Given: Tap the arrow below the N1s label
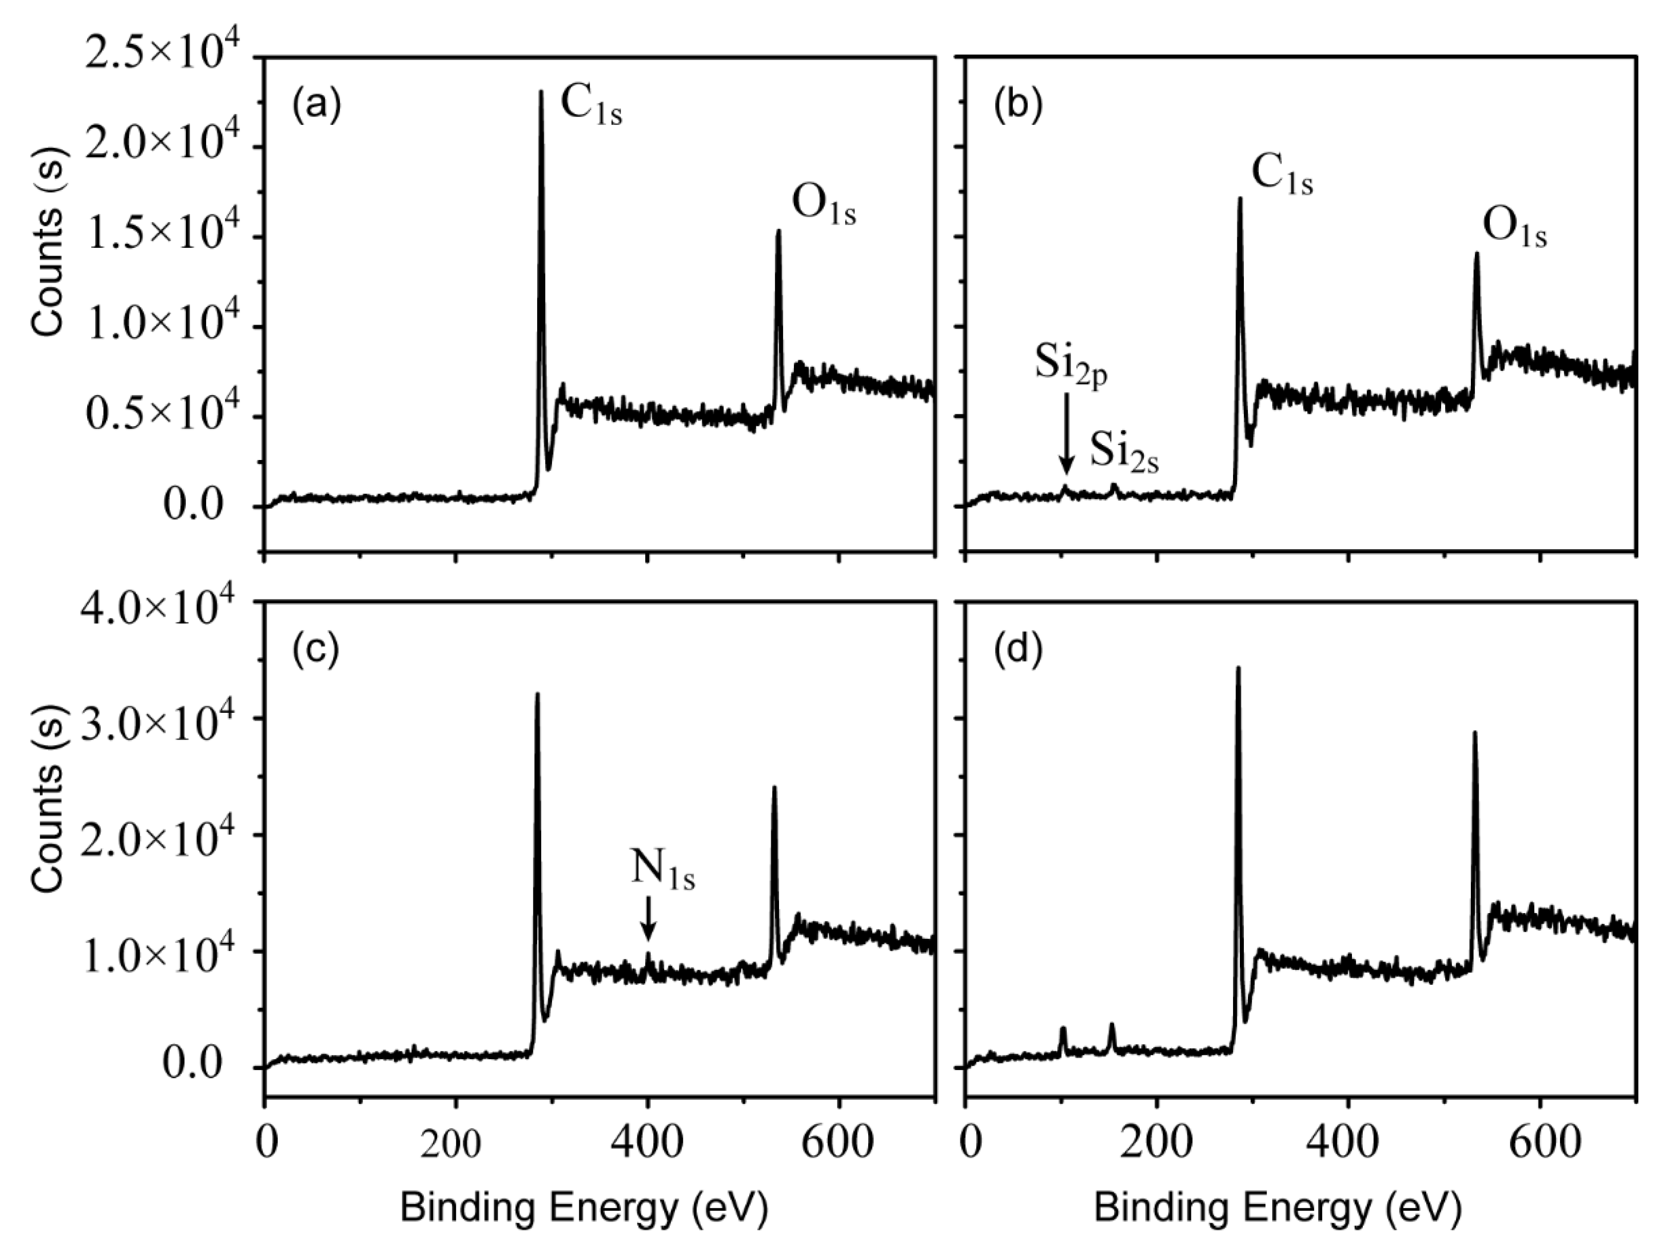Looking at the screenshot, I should pos(648,918).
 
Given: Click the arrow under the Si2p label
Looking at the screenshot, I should pos(1066,433).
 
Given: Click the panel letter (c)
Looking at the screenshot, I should pos(315,651).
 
